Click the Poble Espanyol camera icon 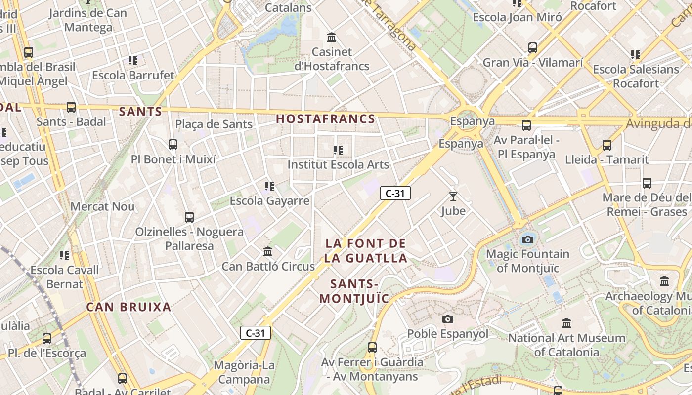point(448,319)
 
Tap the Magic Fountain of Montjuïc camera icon point(528,240)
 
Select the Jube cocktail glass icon point(453,197)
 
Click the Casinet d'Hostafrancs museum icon point(332,38)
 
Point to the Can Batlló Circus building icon point(268,252)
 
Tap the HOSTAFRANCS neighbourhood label point(326,119)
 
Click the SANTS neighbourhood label point(140,112)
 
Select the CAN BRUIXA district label point(129,307)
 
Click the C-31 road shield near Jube point(395,194)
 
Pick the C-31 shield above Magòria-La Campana point(256,333)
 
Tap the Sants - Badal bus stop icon point(71,107)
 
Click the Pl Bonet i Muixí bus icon point(173,145)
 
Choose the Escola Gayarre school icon point(269,186)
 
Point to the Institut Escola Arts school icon point(338,150)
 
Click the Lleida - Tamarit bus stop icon point(607,145)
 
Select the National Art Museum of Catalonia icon point(566,324)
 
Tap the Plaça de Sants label point(214,124)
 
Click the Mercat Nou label point(102,206)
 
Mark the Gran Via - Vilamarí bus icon point(533,48)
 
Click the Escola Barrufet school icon point(133,61)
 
